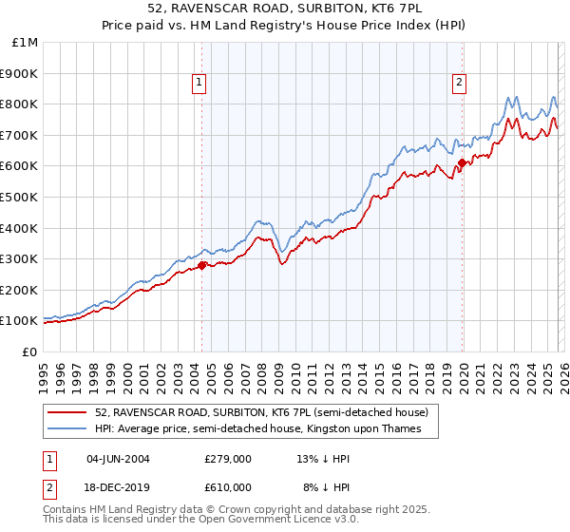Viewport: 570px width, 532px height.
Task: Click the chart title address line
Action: coord(284,9)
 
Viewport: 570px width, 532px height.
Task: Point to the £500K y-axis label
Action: coord(19,198)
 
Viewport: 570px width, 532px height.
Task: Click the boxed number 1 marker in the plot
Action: coord(199,84)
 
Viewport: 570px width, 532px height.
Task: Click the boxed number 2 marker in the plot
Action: coord(459,84)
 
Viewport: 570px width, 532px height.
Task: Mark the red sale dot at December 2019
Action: coord(463,163)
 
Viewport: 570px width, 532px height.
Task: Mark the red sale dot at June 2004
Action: coord(201,266)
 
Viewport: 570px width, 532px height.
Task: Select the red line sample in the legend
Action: coord(67,413)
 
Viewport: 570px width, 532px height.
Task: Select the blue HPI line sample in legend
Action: coord(67,429)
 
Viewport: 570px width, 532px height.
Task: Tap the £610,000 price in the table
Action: coord(227,487)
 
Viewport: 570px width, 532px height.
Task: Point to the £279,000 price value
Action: coord(227,459)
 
